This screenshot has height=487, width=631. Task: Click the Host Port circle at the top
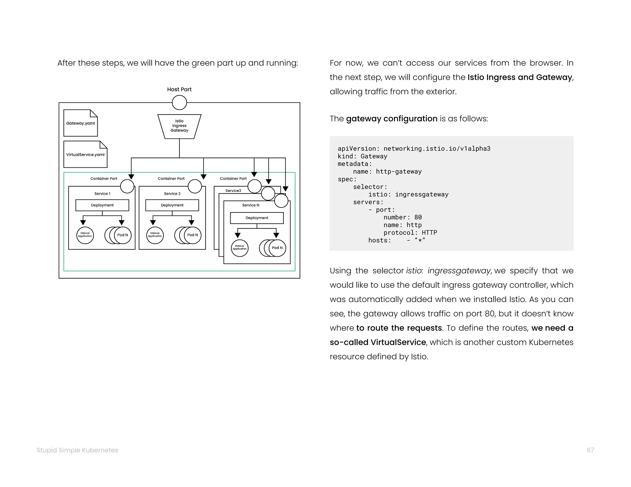179,103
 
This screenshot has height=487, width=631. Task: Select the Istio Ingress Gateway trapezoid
179,126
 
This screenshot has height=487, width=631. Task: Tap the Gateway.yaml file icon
80,123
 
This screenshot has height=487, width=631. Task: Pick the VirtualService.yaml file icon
85,155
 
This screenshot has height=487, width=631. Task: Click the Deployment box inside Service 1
102,205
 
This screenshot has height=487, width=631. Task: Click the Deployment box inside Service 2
172,205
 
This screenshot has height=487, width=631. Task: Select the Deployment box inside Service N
257,218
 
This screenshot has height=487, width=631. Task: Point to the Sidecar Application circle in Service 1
85,235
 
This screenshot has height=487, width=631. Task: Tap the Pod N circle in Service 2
193,235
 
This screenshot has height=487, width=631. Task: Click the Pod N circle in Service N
277,248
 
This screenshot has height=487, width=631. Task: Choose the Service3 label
233,191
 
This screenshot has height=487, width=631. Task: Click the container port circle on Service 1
127,186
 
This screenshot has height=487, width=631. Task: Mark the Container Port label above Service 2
171,179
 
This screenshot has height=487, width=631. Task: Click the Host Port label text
179,89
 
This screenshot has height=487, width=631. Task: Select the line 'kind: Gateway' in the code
362,156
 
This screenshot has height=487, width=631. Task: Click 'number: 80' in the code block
402,217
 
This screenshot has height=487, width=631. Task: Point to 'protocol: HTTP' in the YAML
410,233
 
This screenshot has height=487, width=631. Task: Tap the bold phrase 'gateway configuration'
392,119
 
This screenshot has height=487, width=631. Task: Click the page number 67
590,450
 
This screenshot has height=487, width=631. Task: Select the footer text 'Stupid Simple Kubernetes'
77,450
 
